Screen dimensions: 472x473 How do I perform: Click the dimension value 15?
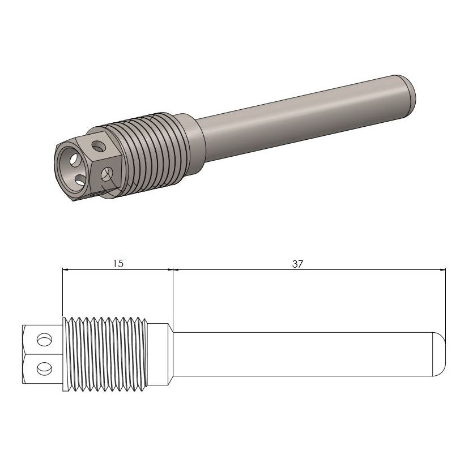click(x=118, y=263)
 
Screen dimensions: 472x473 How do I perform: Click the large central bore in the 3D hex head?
click(x=73, y=164)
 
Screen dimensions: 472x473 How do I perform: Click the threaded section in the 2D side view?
click(x=105, y=355)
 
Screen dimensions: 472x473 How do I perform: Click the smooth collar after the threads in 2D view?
click(x=160, y=355)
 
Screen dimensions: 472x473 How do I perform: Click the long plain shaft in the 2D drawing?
click(x=300, y=355)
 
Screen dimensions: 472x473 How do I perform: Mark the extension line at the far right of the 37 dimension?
click(x=446, y=306)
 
